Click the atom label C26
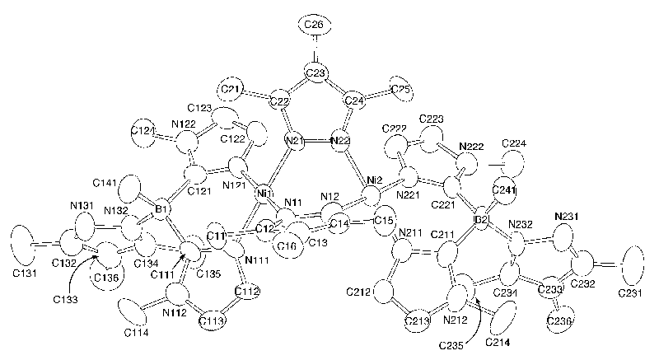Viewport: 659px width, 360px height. pos(313,26)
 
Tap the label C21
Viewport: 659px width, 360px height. pos(233,88)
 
